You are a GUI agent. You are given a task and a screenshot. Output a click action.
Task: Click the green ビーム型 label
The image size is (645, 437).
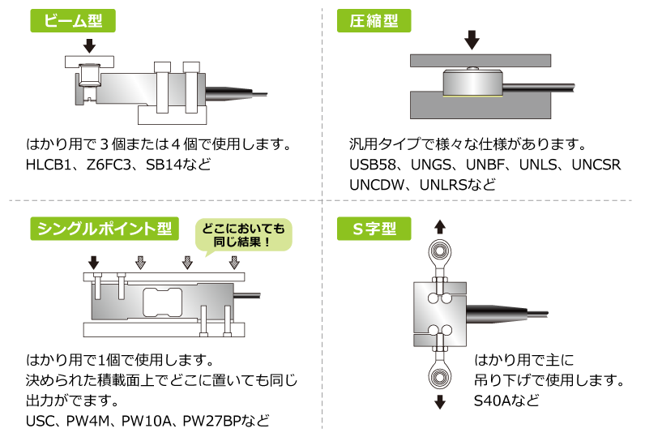(x=73, y=21)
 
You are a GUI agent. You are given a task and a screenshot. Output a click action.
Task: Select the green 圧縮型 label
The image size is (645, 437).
(x=374, y=21)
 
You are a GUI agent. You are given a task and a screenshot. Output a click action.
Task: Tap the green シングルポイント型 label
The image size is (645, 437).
(x=105, y=229)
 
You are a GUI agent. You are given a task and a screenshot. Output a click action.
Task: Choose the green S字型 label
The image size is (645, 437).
(x=374, y=229)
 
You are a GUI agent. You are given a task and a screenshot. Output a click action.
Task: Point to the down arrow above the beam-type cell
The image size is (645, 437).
(x=89, y=45)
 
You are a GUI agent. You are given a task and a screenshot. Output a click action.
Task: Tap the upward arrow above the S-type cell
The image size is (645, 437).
(x=440, y=226)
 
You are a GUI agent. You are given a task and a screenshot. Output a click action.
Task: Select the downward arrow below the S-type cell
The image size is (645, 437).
(x=440, y=401)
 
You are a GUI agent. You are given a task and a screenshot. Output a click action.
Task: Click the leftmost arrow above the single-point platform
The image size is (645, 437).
(x=94, y=262)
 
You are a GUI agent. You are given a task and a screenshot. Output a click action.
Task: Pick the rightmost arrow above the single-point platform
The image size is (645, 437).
(x=234, y=262)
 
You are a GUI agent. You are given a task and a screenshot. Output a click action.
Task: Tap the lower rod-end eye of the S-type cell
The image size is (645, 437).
(x=440, y=377)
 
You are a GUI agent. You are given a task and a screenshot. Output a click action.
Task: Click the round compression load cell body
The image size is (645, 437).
(x=472, y=83)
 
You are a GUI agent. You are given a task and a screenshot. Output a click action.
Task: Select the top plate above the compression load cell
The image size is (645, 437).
(x=480, y=60)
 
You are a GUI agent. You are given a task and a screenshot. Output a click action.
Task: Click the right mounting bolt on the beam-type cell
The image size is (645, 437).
(x=191, y=87)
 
